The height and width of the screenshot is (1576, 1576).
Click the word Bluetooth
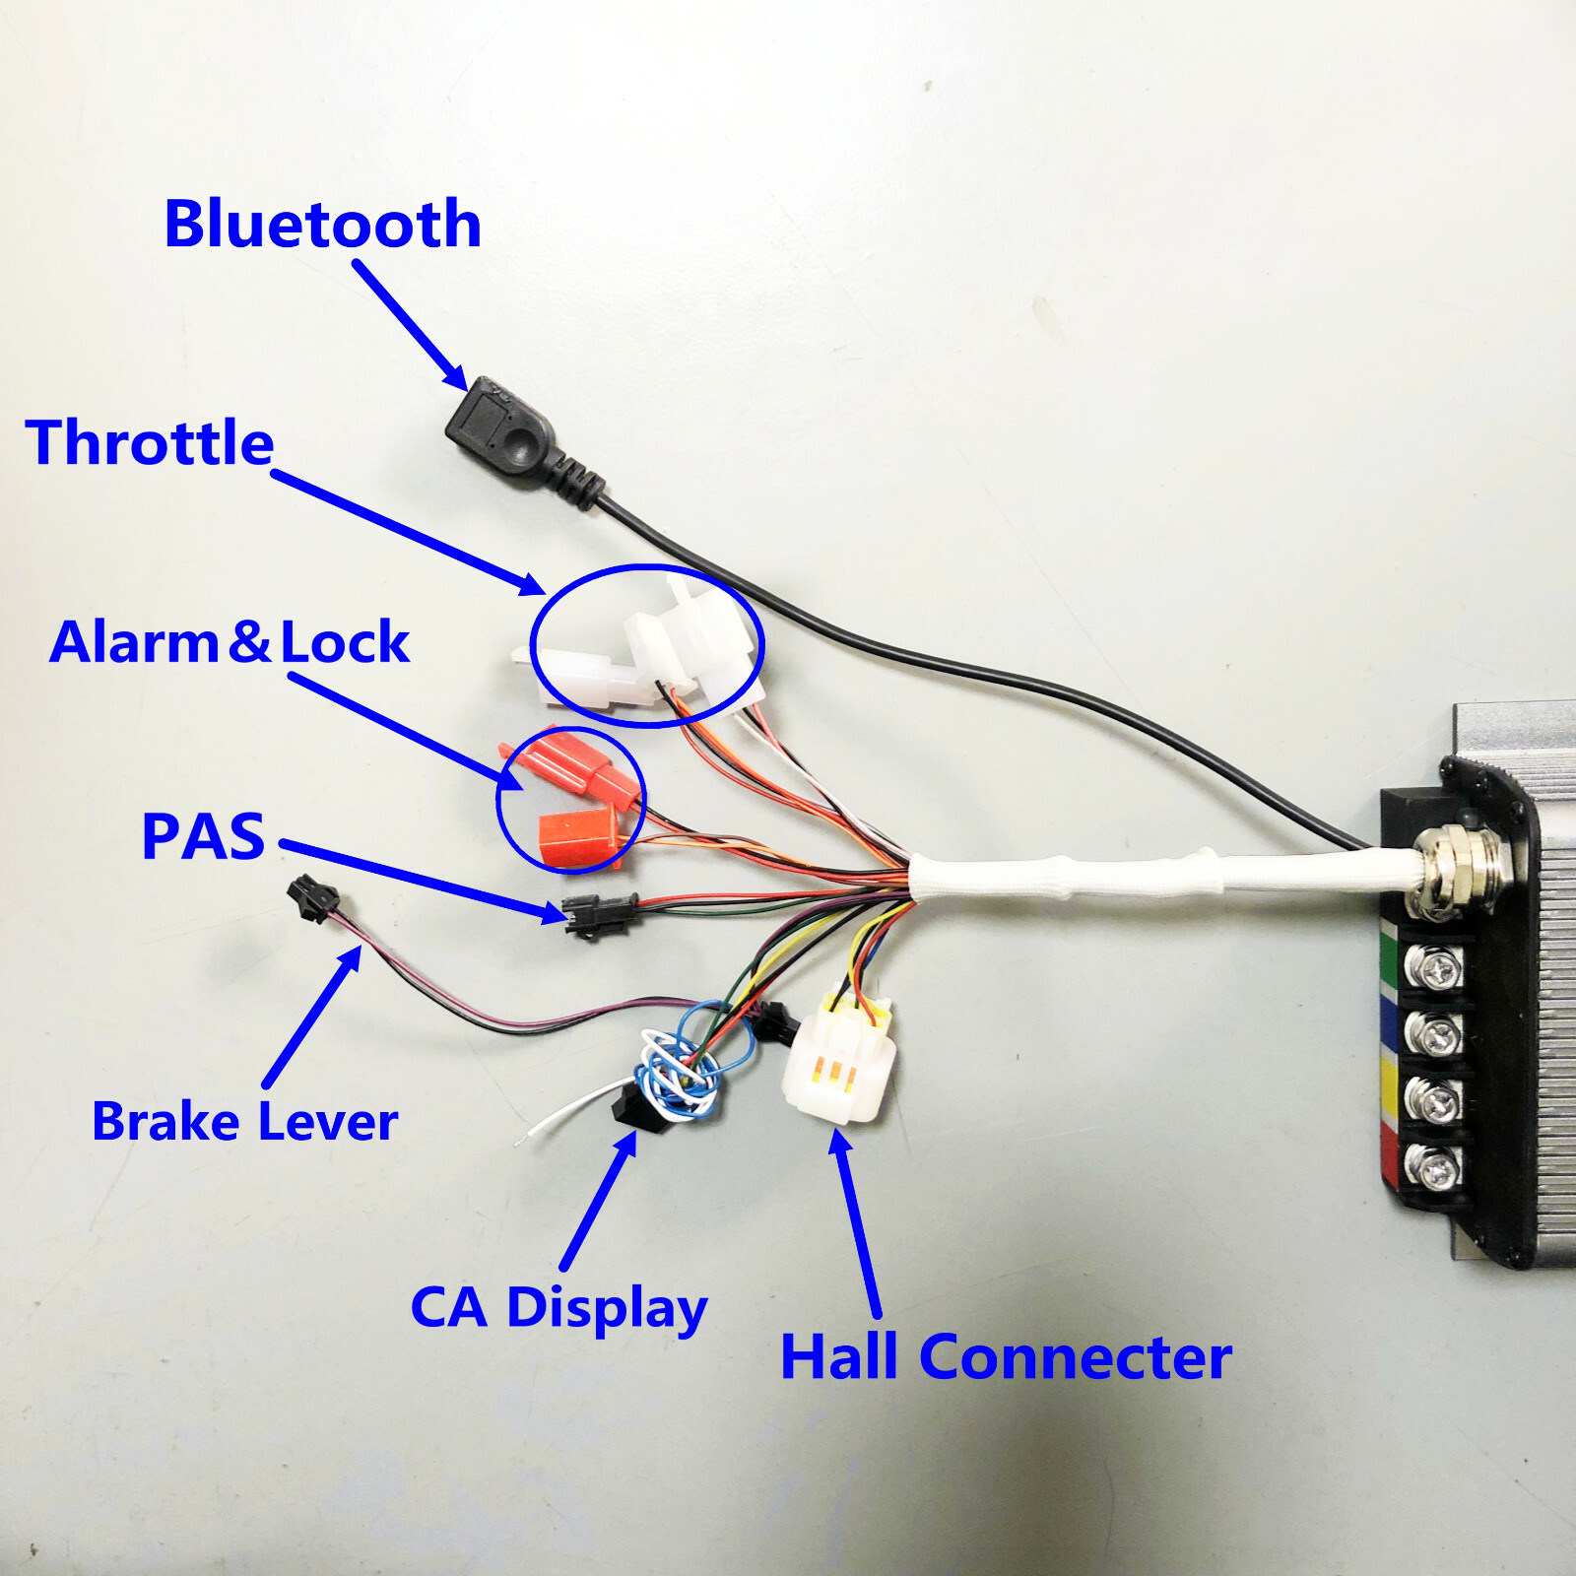[322, 224]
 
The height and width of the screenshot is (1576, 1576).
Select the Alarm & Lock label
[230, 642]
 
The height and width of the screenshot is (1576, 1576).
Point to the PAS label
[203, 836]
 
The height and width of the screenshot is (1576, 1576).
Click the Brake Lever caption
[244, 1121]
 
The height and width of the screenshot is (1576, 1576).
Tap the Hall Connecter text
[1006, 1356]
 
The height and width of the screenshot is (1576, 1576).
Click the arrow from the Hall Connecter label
[855, 1222]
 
